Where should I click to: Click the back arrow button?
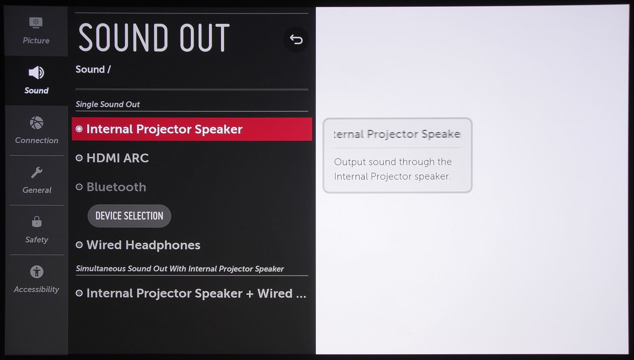[296, 39]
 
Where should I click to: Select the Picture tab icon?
[36, 23]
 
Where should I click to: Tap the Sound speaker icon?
[36, 73]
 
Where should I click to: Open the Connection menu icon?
[36, 123]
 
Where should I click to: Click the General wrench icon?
[36, 172]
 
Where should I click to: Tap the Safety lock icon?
[36, 222]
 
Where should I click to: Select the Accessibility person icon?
[36, 272]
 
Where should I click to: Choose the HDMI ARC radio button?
[79, 158]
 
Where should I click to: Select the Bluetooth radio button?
[79, 187]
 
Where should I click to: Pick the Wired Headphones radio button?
[79, 245]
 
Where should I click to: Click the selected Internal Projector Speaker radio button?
[79, 129]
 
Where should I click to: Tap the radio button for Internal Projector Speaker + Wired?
[79, 293]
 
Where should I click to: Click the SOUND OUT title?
[154, 38]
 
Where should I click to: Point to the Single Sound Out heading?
[107, 104]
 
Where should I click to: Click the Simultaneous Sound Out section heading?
[180, 269]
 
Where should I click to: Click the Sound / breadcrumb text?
[93, 69]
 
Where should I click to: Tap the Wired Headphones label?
[143, 245]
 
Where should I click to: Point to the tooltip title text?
[397, 134]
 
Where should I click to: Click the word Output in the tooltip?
[350, 162]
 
